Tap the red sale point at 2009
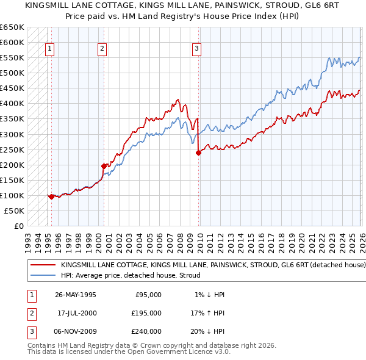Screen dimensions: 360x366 [198, 153]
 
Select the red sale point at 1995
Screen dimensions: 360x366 [51, 196]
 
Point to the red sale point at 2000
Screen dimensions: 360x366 [104, 166]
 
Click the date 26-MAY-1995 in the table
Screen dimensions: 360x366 [75, 295]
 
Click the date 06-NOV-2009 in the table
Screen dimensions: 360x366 [75, 331]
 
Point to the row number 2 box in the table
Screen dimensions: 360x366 [30, 313]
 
